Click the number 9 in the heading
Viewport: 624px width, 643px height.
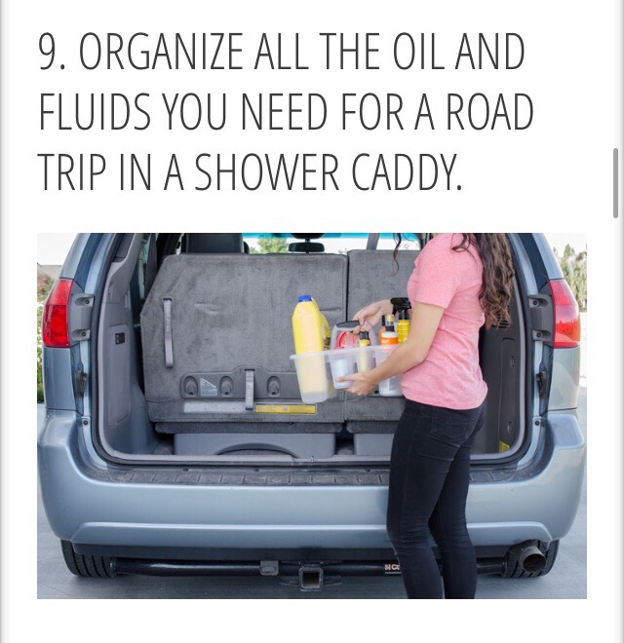pos(49,55)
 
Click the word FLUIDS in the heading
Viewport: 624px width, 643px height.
pos(95,114)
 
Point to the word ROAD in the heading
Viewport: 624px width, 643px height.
pos(484,114)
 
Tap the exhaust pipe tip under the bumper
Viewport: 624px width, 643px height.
pos(529,556)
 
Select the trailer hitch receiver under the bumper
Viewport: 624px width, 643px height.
pos(311,577)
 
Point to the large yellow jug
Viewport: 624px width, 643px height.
pos(310,336)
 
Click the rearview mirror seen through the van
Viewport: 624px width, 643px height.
pos(306,246)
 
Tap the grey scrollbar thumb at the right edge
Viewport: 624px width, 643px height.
pos(615,182)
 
